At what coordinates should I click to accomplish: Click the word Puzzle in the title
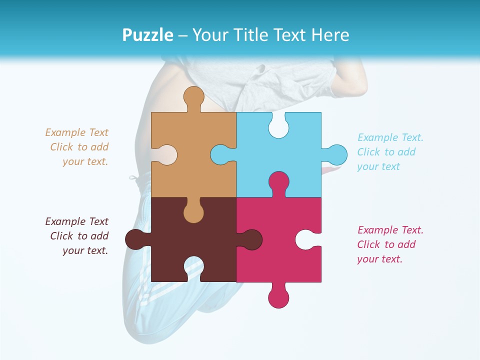click(147, 35)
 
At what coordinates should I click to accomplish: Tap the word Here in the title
click(330, 35)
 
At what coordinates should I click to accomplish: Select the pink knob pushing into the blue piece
click(278, 182)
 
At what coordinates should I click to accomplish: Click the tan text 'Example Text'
click(76, 132)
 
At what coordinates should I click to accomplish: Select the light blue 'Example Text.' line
click(390, 137)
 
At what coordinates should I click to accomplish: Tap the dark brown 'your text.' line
click(85, 250)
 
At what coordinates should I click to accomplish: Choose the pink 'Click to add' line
click(386, 244)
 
